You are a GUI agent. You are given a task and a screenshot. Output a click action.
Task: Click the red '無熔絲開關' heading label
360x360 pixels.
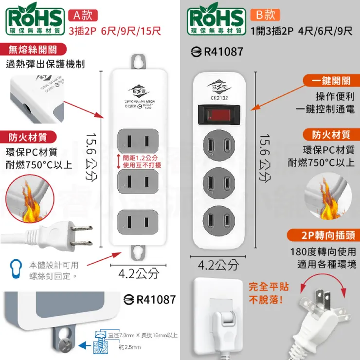click(x=32, y=49)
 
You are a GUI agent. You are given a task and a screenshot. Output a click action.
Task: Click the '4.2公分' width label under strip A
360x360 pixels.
click(x=139, y=274)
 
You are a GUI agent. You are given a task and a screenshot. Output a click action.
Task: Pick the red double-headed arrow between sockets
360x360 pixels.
click(x=119, y=161)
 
